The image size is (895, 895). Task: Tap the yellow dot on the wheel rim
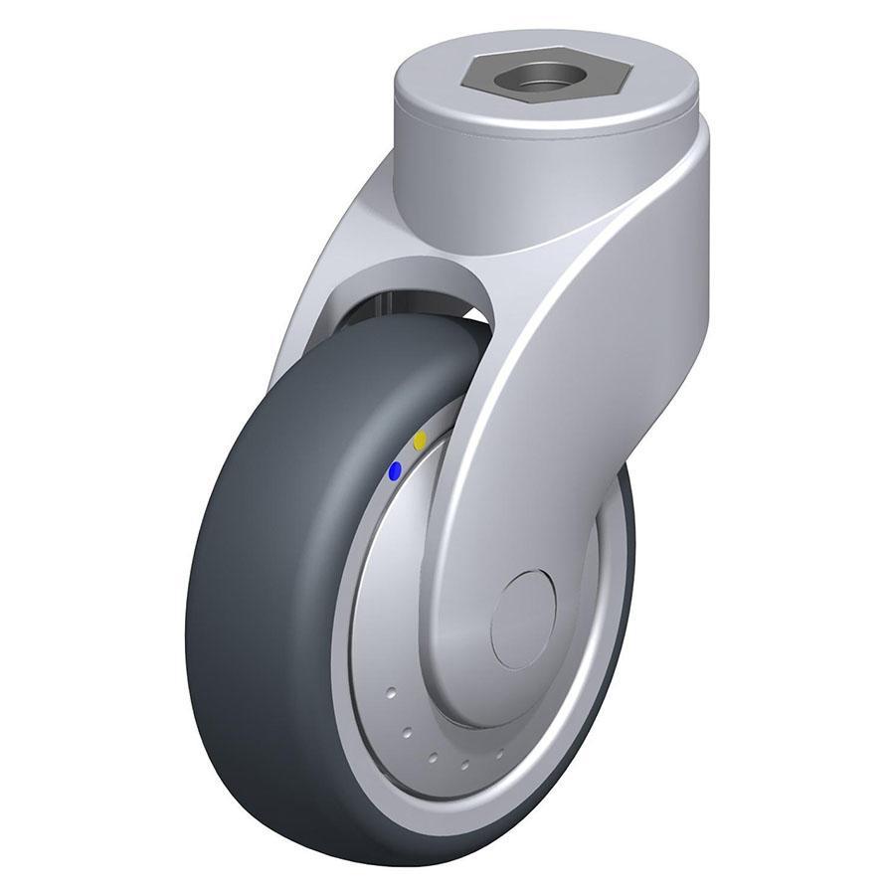421,440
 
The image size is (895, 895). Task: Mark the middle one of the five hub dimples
435,756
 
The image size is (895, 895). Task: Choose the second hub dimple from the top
408,733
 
